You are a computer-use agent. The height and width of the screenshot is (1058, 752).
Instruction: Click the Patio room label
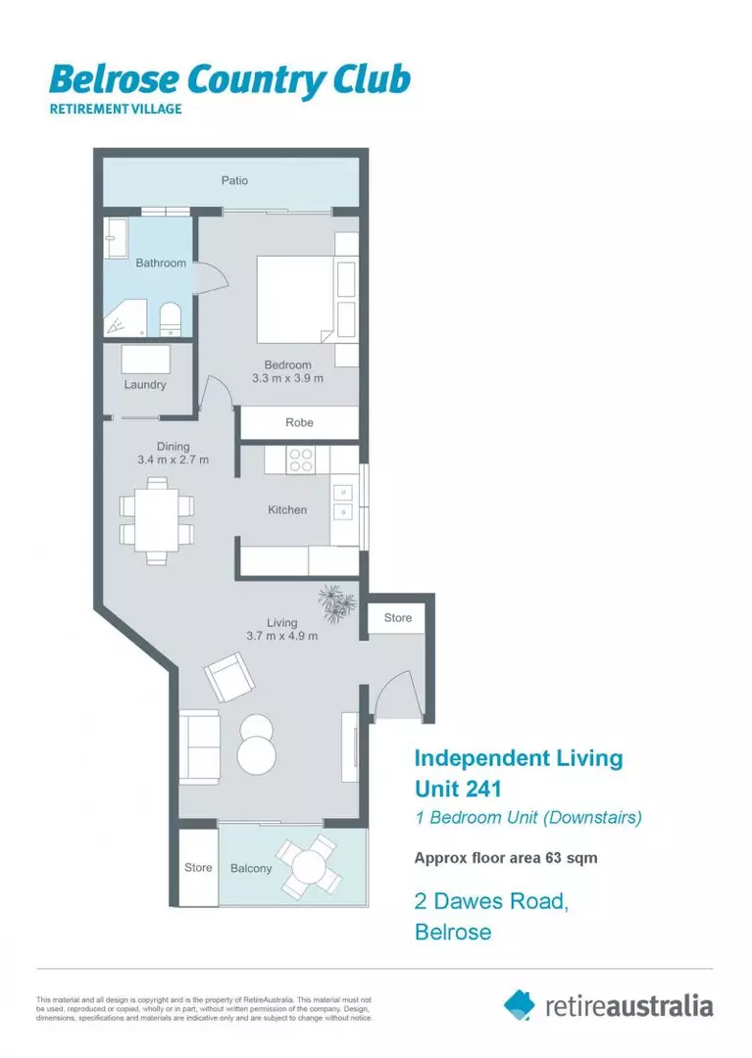point(233,180)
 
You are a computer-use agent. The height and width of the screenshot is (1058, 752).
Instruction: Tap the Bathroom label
point(161,263)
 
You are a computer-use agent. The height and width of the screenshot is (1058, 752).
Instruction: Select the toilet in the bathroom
point(170,319)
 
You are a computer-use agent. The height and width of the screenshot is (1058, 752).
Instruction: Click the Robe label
point(299,422)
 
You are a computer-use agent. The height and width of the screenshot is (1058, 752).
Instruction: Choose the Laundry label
point(145,385)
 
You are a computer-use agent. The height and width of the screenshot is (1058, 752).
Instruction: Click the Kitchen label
point(287,510)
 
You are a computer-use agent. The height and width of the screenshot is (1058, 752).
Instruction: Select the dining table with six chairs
point(156,519)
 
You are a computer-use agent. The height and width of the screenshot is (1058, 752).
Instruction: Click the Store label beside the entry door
point(397,618)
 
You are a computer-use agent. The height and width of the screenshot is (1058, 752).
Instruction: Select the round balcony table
point(310,866)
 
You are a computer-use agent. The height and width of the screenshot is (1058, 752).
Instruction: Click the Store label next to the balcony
point(198,868)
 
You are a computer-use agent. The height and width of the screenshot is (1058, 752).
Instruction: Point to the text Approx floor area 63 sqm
point(506,858)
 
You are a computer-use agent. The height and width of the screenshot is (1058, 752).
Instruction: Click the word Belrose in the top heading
point(108,80)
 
